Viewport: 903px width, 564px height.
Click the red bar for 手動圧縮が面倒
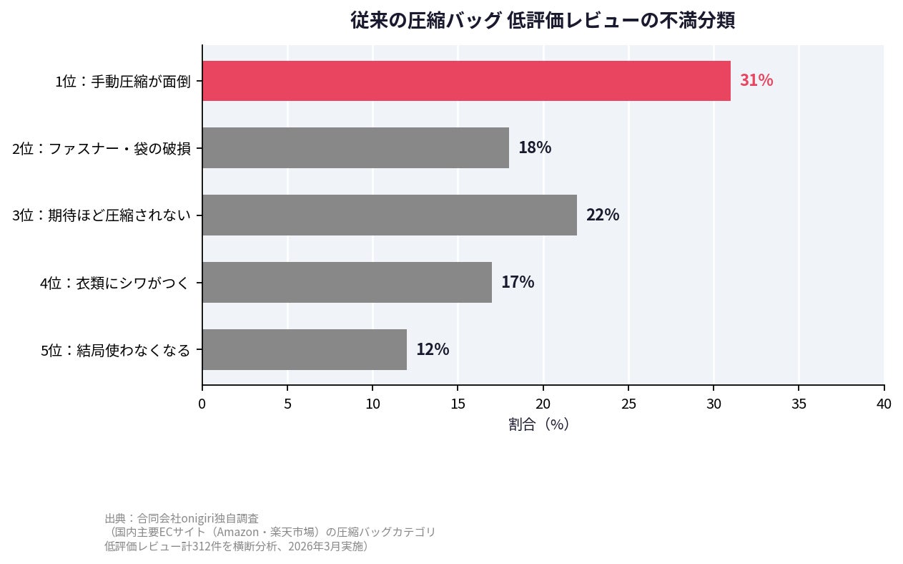pyautogui.click(x=466, y=81)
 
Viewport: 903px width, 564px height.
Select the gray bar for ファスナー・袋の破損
pyautogui.click(x=355, y=148)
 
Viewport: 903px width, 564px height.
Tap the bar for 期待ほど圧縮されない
pyautogui.click(x=390, y=215)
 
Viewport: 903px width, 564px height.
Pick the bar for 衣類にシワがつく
pyautogui.click(x=347, y=282)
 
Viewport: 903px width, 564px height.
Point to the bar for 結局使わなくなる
pyautogui.click(x=305, y=349)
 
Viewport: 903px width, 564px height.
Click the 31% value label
pyautogui.click(x=756, y=81)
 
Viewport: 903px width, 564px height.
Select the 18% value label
pyautogui.click(x=534, y=148)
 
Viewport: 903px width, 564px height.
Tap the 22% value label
pyautogui.click(x=602, y=215)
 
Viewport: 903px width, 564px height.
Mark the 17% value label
pyautogui.click(x=517, y=282)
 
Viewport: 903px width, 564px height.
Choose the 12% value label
pyautogui.click(x=432, y=349)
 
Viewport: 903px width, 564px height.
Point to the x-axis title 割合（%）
pyautogui.click(x=538, y=424)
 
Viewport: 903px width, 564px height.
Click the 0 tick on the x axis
pyautogui.click(x=202, y=404)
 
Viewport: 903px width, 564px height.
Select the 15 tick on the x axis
pyautogui.click(x=458, y=404)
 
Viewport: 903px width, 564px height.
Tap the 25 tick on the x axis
pyautogui.click(x=628, y=404)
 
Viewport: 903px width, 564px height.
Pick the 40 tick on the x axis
pyautogui.click(x=884, y=404)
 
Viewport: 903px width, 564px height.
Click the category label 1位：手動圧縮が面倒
pyautogui.click(x=123, y=82)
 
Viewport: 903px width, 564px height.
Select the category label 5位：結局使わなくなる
pyautogui.click(x=115, y=350)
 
